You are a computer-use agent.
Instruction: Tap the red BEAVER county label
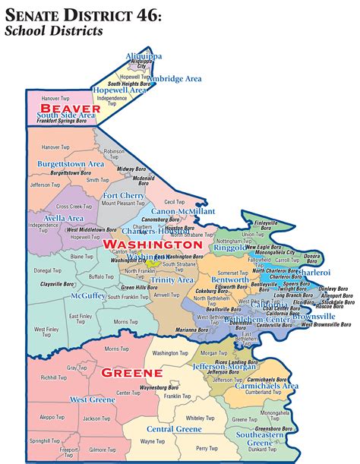pyautogui.click(x=65, y=109)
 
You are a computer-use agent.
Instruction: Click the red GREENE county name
pyautogui.click(x=132, y=373)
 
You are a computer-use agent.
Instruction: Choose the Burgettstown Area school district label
pyautogui.click(x=71, y=163)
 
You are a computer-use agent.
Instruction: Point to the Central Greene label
pyautogui.click(x=174, y=429)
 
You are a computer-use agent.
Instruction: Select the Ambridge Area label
pyautogui.click(x=177, y=78)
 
